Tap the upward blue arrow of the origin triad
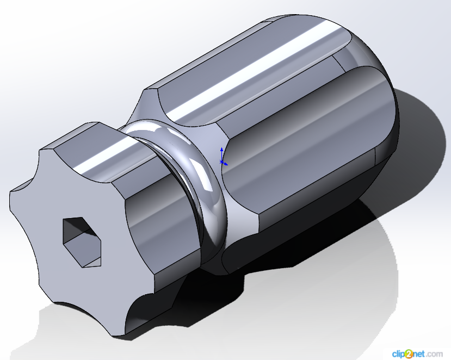tap(221, 154)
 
